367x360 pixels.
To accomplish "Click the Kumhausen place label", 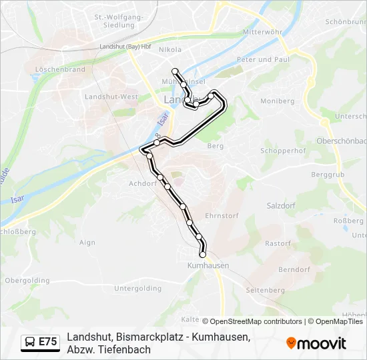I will (208, 265).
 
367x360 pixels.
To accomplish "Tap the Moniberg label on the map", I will (277, 101).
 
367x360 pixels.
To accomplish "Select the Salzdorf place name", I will (280, 206).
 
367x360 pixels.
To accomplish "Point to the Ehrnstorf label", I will (222, 216).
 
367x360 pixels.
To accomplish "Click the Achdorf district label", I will (142, 183).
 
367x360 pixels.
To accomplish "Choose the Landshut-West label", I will (111, 97).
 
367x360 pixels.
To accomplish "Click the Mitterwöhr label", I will (262, 32).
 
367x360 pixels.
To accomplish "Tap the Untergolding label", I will (138, 289).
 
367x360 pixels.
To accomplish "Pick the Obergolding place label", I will (27, 281).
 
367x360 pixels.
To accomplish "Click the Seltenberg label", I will (266, 291).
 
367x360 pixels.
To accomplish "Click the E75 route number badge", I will (47, 342).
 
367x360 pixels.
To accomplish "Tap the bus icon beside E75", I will (30, 342).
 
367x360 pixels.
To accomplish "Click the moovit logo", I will (316, 343).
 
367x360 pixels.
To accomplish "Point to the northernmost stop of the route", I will (175, 71).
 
